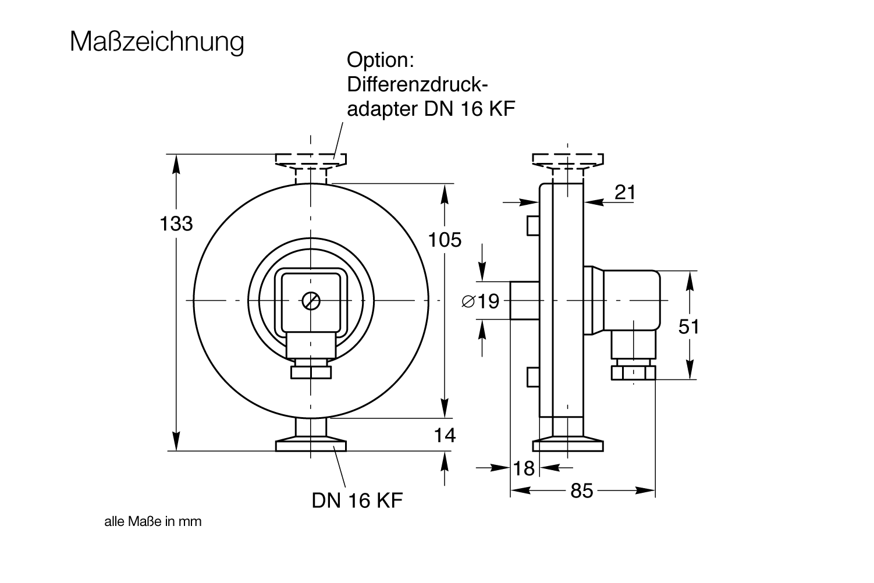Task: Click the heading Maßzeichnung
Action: (157, 42)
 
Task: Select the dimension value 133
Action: (176, 223)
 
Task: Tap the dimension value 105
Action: (445, 239)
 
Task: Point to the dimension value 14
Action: (445, 435)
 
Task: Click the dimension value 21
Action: (624, 193)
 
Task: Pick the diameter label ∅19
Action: (480, 301)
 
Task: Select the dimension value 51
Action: (688, 327)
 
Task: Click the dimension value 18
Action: (524, 468)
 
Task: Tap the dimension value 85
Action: (581, 491)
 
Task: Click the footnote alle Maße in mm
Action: (152, 521)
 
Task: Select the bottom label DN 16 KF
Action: (357, 500)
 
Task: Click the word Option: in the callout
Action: (379, 60)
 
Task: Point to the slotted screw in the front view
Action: (311, 301)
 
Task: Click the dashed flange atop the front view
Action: (311, 159)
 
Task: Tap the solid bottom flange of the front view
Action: (311, 446)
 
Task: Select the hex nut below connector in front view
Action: (311, 372)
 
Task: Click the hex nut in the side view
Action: (633, 372)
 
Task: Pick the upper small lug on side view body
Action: (532, 226)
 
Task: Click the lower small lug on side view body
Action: (532, 377)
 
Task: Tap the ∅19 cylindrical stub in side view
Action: (525, 300)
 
